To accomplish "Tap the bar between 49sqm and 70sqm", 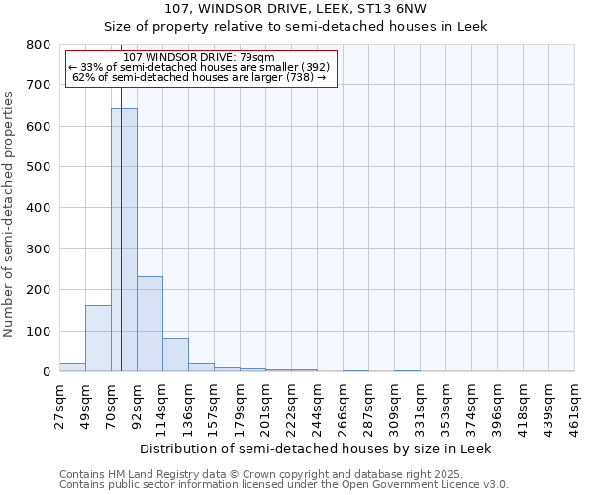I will point(98,338).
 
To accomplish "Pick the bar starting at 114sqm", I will point(175,354).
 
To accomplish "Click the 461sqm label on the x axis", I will point(575,406).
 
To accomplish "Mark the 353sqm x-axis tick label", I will point(446,406).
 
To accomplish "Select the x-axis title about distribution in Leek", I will point(315,448).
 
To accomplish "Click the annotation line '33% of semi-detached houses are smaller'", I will point(198,67).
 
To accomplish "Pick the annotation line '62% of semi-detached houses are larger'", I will point(199,77).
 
